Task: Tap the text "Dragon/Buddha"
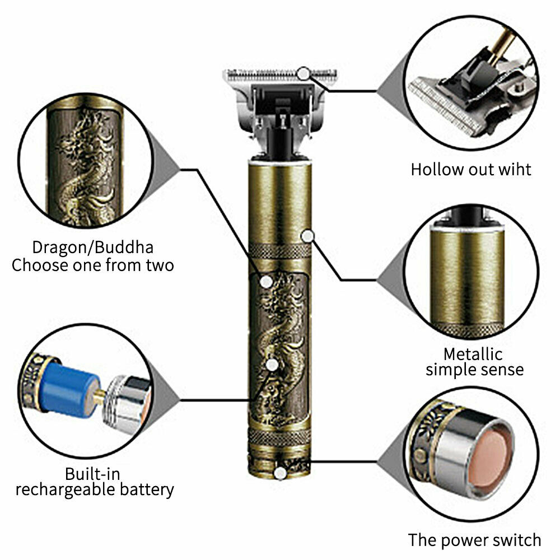pyautogui.click(x=92, y=247)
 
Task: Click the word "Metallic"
pyautogui.click(x=473, y=354)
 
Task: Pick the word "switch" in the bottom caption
pyautogui.click(x=515, y=540)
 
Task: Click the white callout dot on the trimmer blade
pyautogui.click(x=304, y=73)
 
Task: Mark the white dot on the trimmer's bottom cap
pyautogui.click(x=281, y=474)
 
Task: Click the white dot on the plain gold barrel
pyautogui.click(x=306, y=236)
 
